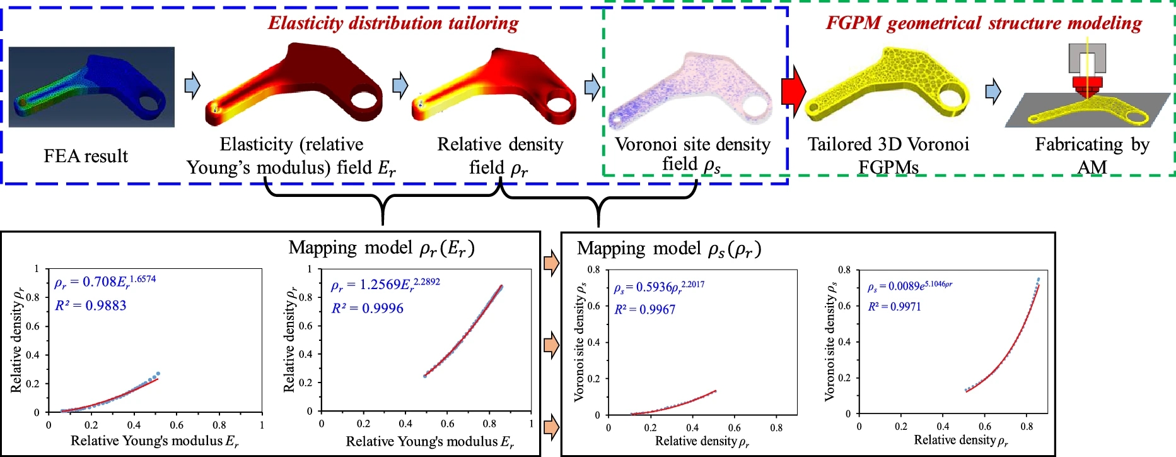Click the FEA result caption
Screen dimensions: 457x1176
[86, 156]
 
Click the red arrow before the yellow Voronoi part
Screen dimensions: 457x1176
[793, 92]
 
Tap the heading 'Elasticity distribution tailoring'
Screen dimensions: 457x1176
[393, 23]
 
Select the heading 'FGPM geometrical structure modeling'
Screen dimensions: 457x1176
[984, 23]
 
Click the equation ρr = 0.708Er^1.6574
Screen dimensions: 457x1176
[105, 281]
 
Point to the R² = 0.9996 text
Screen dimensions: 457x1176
[368, 308]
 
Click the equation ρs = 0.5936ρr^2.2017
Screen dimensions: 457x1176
[659, 287]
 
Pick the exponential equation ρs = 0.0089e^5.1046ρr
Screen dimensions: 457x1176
[909, 286]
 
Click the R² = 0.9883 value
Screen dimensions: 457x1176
[91, 306]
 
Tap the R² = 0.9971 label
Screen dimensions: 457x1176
[894, 307]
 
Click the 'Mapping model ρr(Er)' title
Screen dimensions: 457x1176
[381, 247]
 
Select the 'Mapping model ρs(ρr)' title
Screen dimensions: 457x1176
[669, 249]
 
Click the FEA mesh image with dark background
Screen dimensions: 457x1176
[91, 86]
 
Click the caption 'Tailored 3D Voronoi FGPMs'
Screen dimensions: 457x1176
[888, 155]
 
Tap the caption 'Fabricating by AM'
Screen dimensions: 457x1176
[1092, 155]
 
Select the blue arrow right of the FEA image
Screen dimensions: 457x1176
[192, 85]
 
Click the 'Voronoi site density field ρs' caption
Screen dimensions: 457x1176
[692, 155]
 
